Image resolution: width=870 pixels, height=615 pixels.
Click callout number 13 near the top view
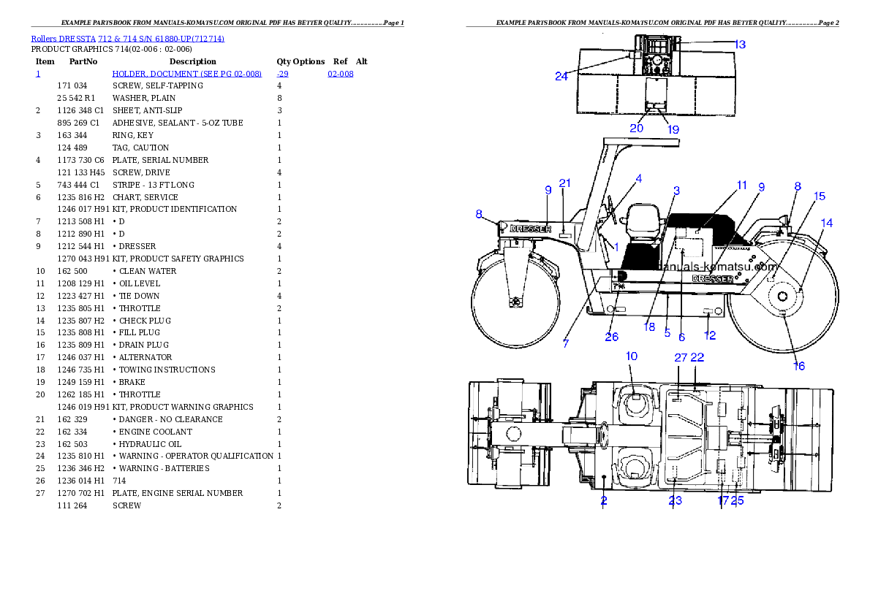tap(740, 45)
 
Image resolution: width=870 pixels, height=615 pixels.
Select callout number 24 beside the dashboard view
tap(561, 76)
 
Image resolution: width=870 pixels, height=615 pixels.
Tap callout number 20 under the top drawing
tap(637, 128)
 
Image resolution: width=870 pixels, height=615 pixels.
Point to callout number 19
tap(673, 129)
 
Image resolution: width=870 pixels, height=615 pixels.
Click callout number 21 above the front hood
tap(564, 183)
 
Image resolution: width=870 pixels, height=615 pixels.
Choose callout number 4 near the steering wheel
tap(638, 178)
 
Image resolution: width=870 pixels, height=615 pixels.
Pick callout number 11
tap(741, 186)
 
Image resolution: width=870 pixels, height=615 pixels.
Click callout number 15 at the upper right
tap(820, 196)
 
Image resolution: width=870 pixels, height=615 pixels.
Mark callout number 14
tap(826, 223)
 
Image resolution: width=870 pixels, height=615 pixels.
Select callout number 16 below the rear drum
tap(799, 365)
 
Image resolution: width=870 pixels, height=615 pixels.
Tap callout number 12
tap(710, 336)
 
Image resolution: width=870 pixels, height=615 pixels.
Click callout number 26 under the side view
tap(611, 337)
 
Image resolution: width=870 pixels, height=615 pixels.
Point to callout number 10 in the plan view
tap(632, 356)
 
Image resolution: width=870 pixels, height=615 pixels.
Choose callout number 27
tap(681, 357)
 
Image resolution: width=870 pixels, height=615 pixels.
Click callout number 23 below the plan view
tap(675, 500)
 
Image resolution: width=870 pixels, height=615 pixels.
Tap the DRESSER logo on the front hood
tap(530, 229)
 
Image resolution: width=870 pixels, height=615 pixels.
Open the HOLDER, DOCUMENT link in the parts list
tap(186, 75)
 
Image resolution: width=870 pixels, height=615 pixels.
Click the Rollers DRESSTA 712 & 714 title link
tap(127, 39)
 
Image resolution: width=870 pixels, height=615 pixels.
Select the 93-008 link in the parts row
tap(341, 75)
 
